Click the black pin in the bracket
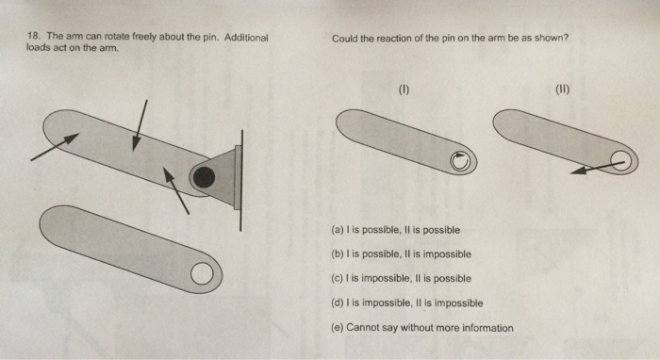[x=205, y=177]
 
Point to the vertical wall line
[x=241, y=180]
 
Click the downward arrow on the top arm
[x=140, y=125]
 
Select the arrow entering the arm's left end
[x=55, y=147]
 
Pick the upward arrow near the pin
[x=176, y=190]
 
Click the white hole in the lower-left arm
[x=202, y=274]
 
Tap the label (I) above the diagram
[x=404, y=90]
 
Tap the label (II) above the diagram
[x=563, y=90]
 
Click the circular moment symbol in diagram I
[x=460, y=161]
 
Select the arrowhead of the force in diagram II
[x=579, y=170]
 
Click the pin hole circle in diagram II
[x=621, y=160]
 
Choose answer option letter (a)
[x=338, y=230]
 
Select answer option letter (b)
[x=338, y=254]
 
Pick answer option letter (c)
[x=338, y=278]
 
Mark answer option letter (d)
[x=338, y=303]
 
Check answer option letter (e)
[x=338, y=328]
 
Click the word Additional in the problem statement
[x=246, y=37]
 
